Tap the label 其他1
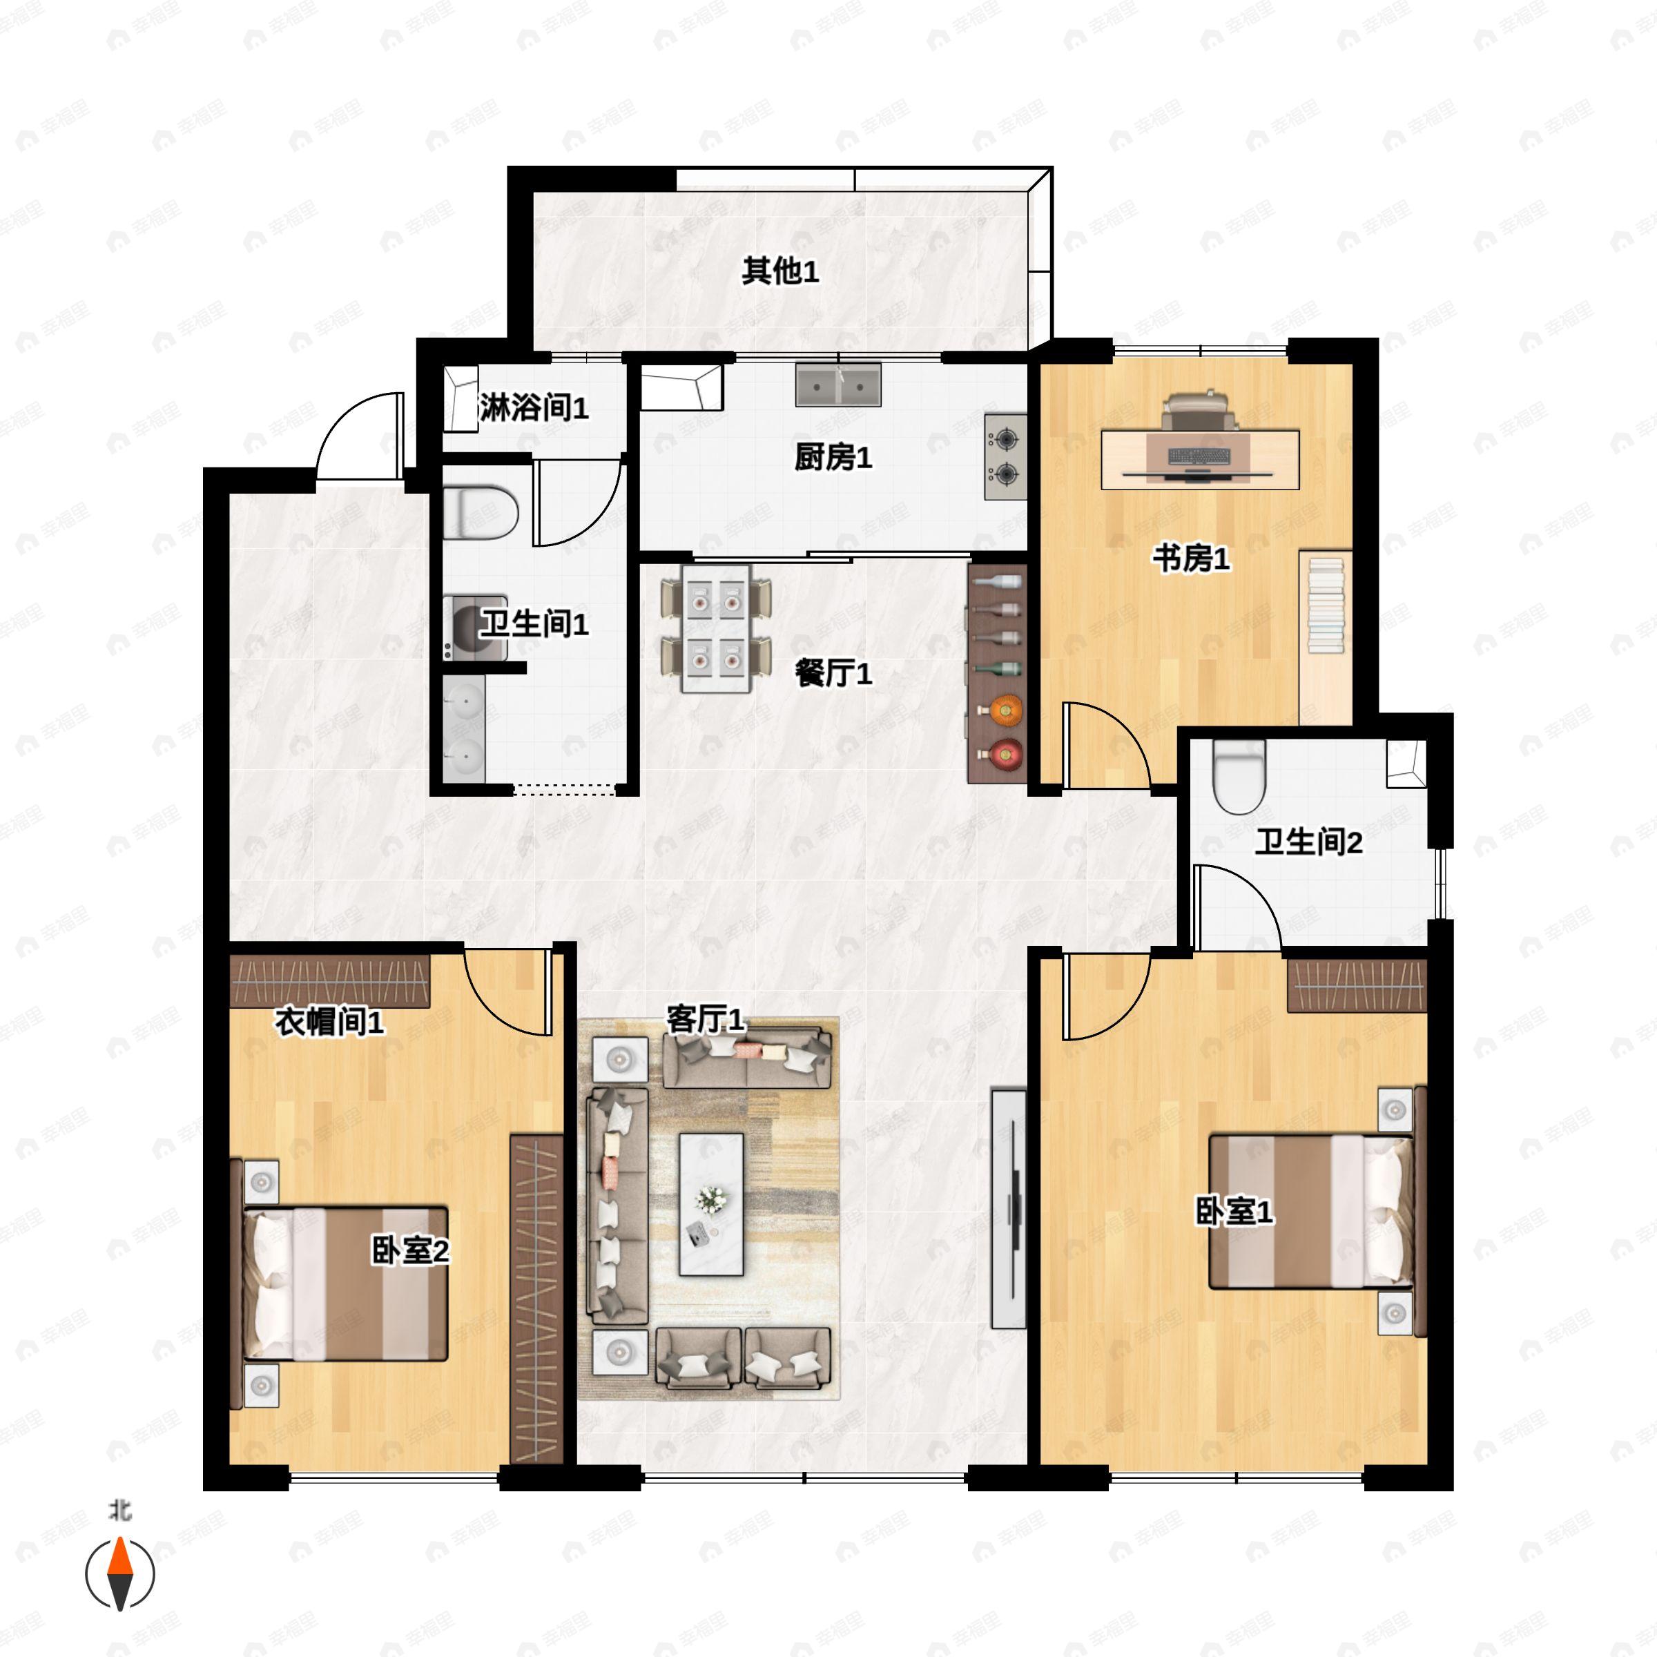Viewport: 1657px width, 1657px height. [x=779, y=272]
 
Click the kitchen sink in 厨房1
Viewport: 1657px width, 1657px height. [x=838, y=385]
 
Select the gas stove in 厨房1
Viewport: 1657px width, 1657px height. [x=1005, y=456]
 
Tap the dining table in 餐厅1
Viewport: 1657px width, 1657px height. [x=716, y=629]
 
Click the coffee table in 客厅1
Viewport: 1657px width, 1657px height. [x=711, y=1204]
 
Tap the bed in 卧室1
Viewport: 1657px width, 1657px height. [x=1310, y=1211]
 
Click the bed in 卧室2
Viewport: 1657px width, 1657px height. [x=346, y=1285]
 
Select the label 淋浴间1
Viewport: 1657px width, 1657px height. [x=534, y=408]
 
